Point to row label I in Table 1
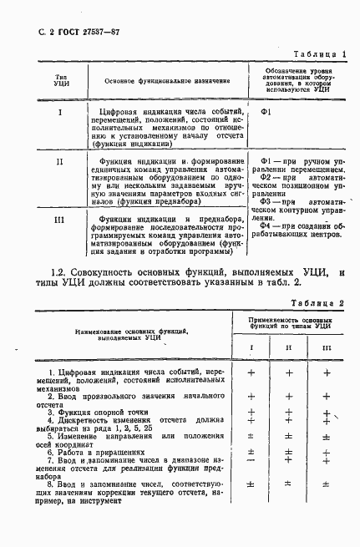pyautogui.click(x=59, y=112)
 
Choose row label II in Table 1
pyautogui.click(x=59, y=160)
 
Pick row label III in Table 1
pyautogui.click(x=59, y=219)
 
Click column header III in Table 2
pyautogui.click(x=326, y=347)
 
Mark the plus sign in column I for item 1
pyautogui.click(x=251, y=373)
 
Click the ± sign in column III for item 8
pyautogui.click(x=326, y=484)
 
